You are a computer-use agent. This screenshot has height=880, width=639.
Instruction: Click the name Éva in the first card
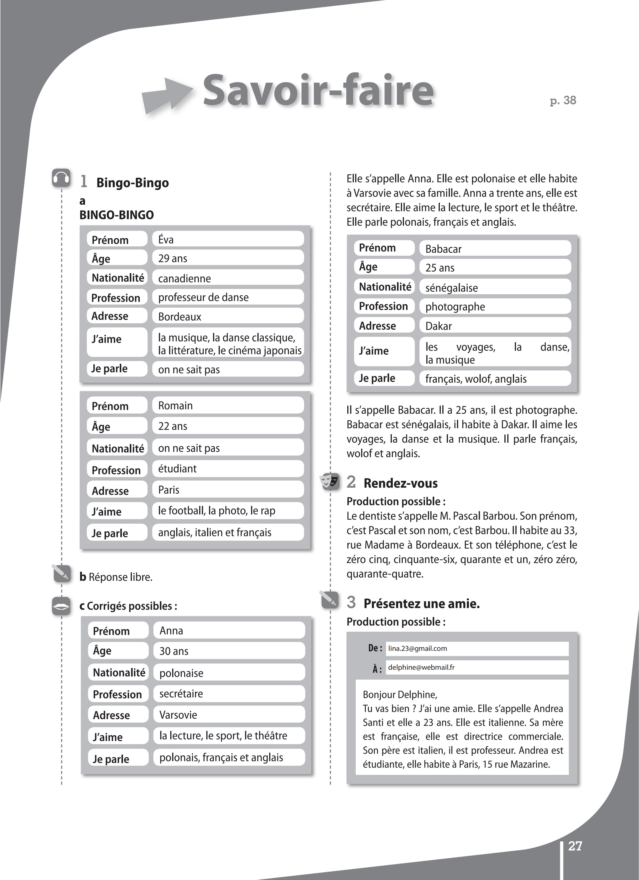tap(166, 239)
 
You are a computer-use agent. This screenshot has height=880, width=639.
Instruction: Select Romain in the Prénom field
tap(175, 405)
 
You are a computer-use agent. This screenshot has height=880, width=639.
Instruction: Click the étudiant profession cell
tap(177, 469)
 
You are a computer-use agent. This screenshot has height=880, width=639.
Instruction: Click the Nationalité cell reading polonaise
tap(181, 673)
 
